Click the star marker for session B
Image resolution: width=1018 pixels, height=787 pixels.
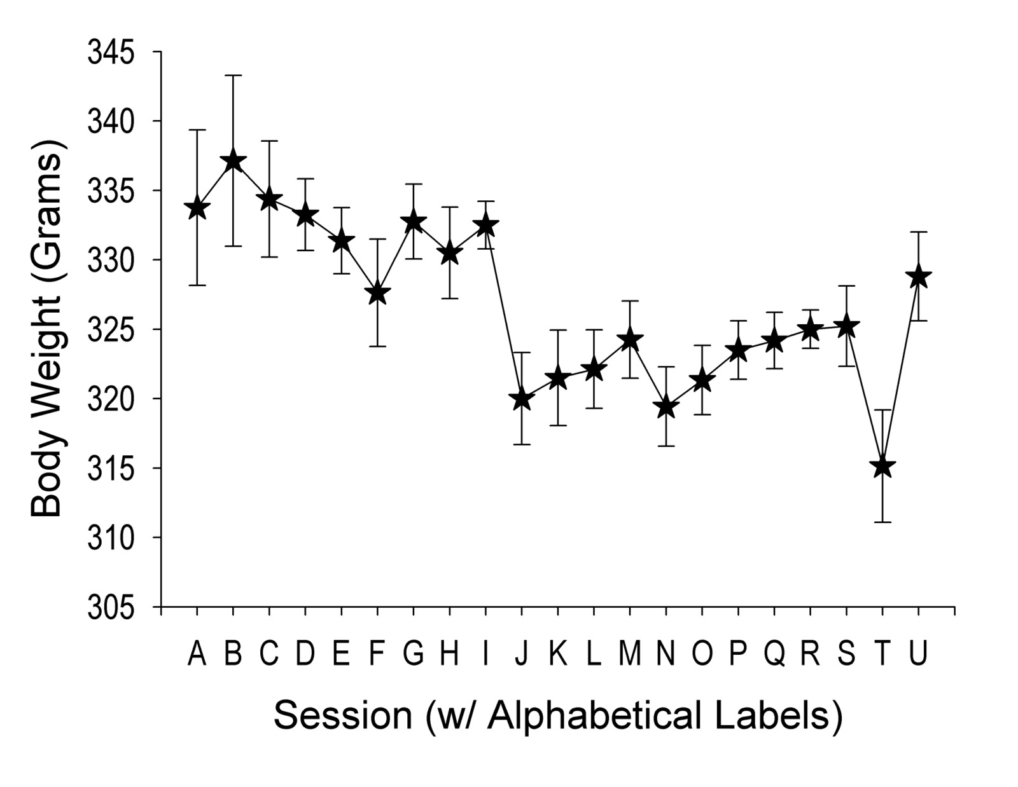coord(233,161)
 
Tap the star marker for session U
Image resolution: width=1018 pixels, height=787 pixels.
coord(918,277)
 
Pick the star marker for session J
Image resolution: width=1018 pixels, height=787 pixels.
coord(522,399)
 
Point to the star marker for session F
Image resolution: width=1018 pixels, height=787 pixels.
coord(377,293)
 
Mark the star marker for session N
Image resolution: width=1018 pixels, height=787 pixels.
coord(666,407)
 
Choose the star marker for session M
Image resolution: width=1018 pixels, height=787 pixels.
coord(630,339)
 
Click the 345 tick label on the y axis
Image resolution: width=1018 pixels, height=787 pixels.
coord(111,52)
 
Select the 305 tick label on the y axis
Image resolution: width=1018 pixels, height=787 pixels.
coord(111,608)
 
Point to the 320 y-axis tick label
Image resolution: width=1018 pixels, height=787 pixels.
coord(111,399)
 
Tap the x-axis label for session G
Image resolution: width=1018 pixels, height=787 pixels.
coord(414,653)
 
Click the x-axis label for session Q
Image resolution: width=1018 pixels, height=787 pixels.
coord(774,654)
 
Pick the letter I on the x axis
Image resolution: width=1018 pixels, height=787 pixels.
coord(486,653)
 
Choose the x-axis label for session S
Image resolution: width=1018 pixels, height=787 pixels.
coord(846,653)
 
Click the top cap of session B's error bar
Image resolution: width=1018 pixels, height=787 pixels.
coord(233,76)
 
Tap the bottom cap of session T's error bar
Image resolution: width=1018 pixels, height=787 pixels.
coord(882,522)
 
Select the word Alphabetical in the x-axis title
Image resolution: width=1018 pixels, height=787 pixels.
coord(597,715)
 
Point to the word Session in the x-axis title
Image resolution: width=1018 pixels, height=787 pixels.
coord(343,715)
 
